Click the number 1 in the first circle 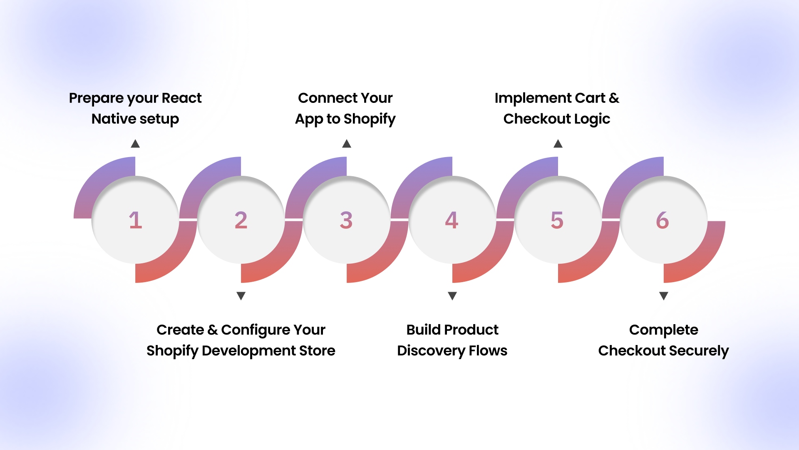135,220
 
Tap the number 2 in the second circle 241,220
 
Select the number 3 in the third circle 346,220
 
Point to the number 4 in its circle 452,220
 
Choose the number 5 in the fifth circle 557,220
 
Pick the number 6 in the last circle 663,220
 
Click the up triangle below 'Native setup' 135,144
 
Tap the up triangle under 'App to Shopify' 347,144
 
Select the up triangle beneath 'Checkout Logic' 558,144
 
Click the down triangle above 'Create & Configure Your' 241,296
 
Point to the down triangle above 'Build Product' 452,296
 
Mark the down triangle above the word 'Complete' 664,296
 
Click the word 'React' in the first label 181,98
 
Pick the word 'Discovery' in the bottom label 431,350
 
